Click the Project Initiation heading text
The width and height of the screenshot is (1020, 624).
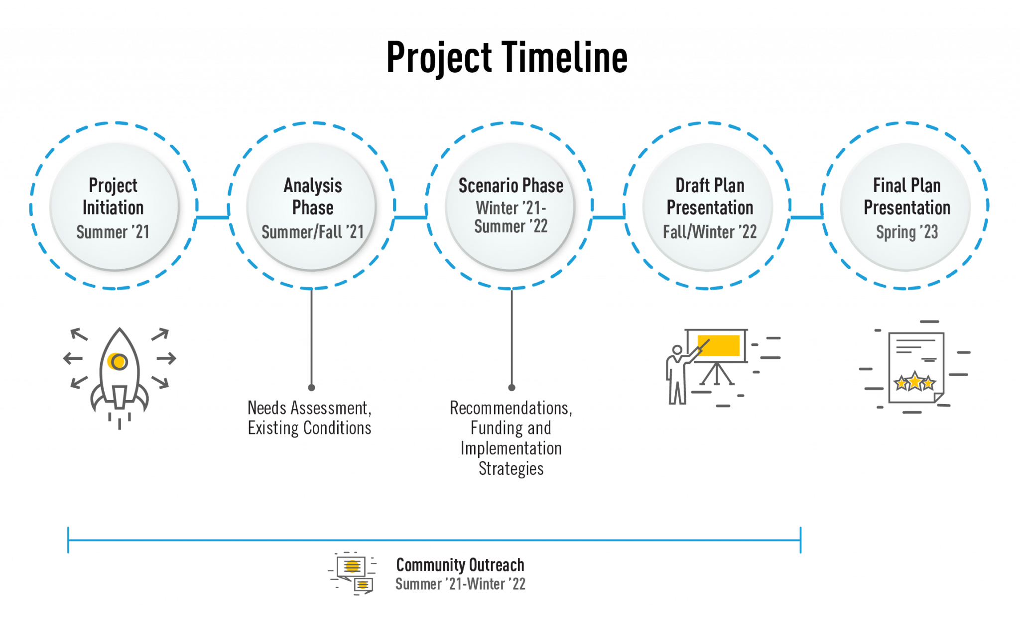click(113, 196)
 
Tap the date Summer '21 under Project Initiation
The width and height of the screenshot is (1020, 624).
click(113, 232)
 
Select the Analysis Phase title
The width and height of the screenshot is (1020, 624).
click(313, 196)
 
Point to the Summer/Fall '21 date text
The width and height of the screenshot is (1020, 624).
click(313, 232)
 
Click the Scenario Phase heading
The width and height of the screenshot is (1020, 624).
click(510, 186)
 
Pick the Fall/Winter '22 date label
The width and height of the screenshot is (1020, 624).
click(710, 232)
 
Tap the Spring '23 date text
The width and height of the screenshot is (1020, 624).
click(907, 232)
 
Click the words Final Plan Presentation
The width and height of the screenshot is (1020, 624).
click(907, 196)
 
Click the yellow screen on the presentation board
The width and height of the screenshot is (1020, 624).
click(719, 345)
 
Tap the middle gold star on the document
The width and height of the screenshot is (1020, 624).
click(915, 382)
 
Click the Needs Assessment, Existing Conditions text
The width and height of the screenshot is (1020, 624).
click(310, 418)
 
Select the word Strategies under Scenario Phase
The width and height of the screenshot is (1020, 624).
click(511, 469)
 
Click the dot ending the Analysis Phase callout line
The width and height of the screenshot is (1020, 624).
click(311, 387)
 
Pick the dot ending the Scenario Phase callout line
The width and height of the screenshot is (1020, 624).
click(511, 387)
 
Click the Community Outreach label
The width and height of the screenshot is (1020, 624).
click(460, 565)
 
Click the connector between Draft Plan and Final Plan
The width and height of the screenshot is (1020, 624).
click(806, 217)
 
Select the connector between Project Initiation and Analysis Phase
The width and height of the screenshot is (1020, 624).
click(213, 217)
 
